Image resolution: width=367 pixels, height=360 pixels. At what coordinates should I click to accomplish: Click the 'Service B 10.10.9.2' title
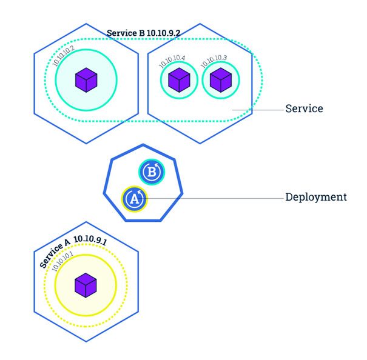(x=143, y=33)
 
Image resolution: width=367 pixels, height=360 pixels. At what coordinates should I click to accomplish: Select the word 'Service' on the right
(x=304, y=109)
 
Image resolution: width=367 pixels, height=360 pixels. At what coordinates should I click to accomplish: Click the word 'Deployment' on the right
(x=315, y=197)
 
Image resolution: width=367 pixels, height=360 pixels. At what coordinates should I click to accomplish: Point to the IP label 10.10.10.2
(x=63, y=55)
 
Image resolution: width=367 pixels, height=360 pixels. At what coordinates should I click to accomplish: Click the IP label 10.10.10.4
(x=172, y=61)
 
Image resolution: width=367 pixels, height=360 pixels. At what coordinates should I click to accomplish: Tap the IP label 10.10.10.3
(x=214, y=61)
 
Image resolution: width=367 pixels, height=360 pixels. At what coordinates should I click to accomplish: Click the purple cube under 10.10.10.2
(x=86, y=79)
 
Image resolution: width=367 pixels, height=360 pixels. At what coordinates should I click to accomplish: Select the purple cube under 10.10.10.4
(x=178, y=79)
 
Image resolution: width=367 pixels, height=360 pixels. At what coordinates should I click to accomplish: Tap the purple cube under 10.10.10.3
(x=220, y=79)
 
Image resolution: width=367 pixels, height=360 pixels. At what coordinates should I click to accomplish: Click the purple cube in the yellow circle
(x=85, y=285)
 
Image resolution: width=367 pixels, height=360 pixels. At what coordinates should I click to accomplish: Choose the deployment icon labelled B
(x=152, y=173)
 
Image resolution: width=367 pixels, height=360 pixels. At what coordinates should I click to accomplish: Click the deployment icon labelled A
(x=135, y=198)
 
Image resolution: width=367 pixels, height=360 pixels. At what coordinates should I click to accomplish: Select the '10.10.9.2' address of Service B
(x=163, y=33)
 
